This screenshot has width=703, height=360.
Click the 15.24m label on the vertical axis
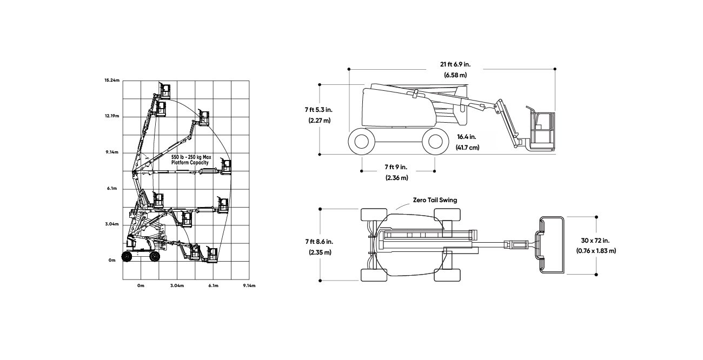(112, 81)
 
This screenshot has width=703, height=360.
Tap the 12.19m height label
(112, 116)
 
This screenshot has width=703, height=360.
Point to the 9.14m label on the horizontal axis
(249, 286)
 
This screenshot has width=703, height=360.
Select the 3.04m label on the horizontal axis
(177, 286)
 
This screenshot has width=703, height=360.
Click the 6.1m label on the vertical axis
(112, 189)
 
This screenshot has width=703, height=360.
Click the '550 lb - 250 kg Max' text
(191, 157)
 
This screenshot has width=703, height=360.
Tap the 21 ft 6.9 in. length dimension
(455, 64)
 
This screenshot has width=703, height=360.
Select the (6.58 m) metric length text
(455, 75)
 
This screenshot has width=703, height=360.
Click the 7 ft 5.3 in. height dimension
(319, 110)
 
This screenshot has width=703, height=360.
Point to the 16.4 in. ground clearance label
(466, 137)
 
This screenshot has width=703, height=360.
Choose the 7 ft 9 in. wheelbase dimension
(396, 167)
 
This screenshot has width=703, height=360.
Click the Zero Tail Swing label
(435, 200)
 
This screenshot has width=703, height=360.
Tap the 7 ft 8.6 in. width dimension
(319, 242)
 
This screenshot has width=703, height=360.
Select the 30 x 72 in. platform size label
(595, 241)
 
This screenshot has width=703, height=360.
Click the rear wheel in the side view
(362, 142)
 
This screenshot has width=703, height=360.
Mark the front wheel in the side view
(435, 142)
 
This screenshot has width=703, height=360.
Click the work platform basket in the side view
(541, 129)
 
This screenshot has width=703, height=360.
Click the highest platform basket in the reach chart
(165, 91)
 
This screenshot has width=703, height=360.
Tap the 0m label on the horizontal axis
(141, 286)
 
